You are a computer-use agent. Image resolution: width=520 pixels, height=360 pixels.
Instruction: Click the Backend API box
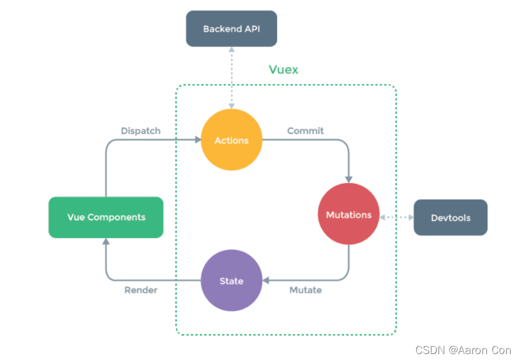(231, 29)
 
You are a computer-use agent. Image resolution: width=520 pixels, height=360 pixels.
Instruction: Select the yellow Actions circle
(231, 140)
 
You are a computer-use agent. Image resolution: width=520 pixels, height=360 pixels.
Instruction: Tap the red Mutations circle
(349, 214)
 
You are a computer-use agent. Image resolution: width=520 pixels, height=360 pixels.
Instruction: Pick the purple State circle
(231, 281)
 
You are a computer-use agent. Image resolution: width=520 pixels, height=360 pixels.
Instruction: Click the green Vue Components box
(106, 217)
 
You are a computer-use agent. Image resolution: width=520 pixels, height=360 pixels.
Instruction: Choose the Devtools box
(450, 218)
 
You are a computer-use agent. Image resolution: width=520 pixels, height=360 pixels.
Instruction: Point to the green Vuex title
(283, 70)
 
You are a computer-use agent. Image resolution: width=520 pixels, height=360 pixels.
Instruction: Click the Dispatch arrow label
(140, 130)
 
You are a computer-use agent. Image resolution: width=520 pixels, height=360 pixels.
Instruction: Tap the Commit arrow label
(305, 130)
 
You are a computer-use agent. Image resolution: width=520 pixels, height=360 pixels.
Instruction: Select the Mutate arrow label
(305, 290)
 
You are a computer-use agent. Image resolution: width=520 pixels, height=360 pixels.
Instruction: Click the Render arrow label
(141, 290)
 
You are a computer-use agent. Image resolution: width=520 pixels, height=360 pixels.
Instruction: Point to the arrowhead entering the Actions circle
(198, 140)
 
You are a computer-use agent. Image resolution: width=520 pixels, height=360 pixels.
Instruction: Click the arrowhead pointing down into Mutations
(349, 179)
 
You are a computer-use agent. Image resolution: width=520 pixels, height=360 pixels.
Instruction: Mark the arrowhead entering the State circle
(266, 280)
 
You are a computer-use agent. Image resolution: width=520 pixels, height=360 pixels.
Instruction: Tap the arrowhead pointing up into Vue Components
(106, 242)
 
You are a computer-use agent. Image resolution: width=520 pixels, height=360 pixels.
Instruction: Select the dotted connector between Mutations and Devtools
(396, 217)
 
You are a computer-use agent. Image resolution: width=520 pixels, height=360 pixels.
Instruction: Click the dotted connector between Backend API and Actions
(231, 78)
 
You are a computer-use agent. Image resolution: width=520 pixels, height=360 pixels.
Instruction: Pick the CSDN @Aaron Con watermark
(462, 350)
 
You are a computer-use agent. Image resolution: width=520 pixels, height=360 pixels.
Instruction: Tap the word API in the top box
(252, 29)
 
